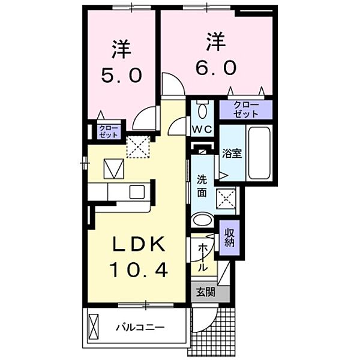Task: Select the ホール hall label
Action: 202,256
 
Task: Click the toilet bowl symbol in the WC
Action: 202,111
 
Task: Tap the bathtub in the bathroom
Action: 259,153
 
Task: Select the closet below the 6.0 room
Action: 245,109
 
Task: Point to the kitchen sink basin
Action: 137,193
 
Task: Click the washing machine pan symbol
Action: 226,196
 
